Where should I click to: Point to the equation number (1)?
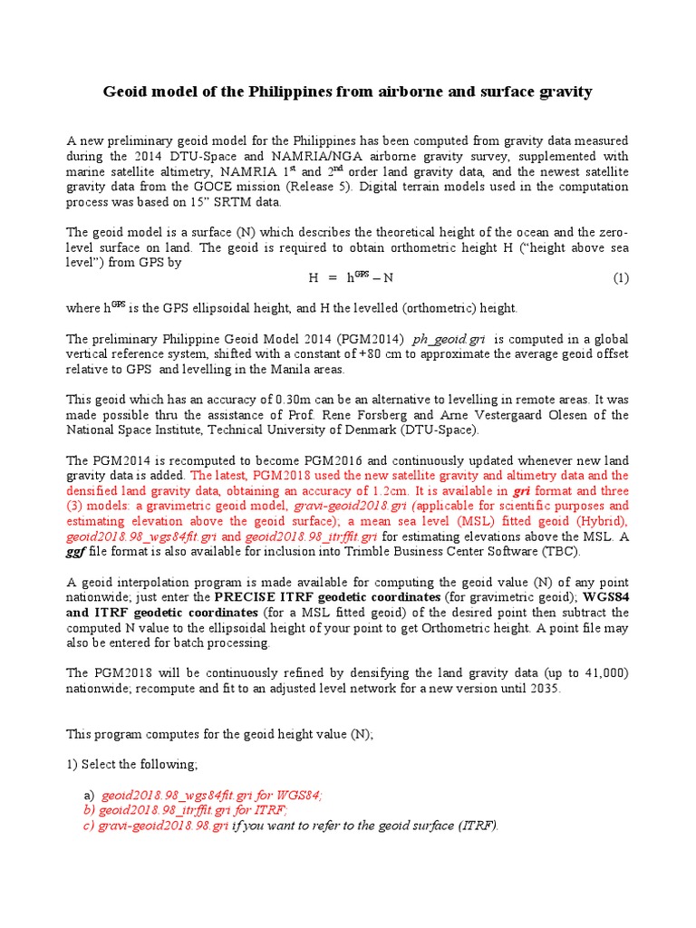(x=620, y=277)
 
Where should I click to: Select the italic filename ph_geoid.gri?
(x=450, y=339)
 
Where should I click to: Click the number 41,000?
(x=597, y=673)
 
